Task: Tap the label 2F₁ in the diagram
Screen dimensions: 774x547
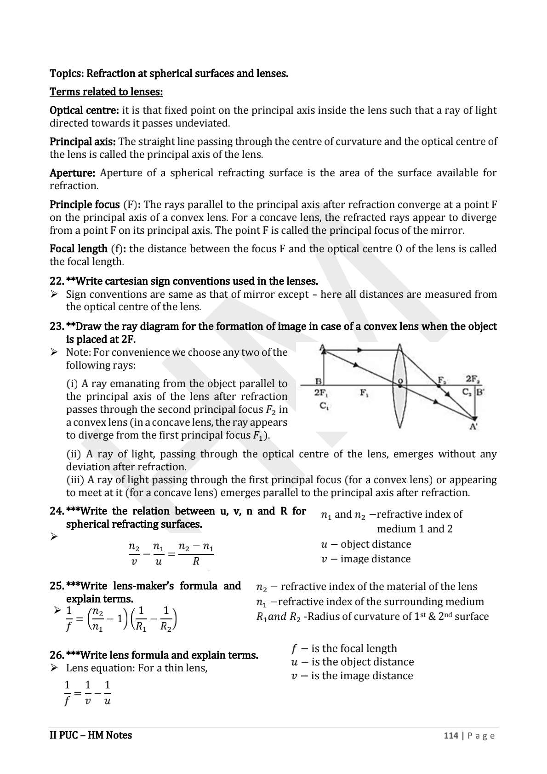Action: click(x=320, y=393)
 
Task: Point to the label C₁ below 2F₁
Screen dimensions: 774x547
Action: click(x=324, y=406)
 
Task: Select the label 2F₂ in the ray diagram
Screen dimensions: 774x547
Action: click(x=473, y=379)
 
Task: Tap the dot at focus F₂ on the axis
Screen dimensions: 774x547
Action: click(x=439, y=386)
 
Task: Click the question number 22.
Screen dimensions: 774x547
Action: click(x=56, y=281)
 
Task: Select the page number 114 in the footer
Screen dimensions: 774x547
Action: click(x=450, y=735)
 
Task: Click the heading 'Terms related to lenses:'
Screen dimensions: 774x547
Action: click(x=106, y=92)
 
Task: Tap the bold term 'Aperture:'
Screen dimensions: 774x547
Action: click(x=72, y=173)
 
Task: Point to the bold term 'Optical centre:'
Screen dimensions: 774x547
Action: click(x=84, y=110)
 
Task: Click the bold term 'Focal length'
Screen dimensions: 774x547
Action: click(x=78, y=249)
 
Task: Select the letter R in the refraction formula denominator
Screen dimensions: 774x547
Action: click(x=196, y=562)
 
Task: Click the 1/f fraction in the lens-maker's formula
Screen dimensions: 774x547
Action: click(x=69, y=618)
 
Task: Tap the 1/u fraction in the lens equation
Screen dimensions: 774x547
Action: click(x=107, y=693)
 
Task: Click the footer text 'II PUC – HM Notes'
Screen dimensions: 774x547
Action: click(x=91, y=735)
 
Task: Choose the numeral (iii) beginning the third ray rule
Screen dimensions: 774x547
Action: click(x=75, y=480)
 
